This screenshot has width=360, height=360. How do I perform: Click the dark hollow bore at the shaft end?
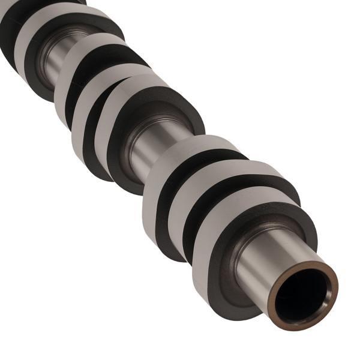coord(303,298)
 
